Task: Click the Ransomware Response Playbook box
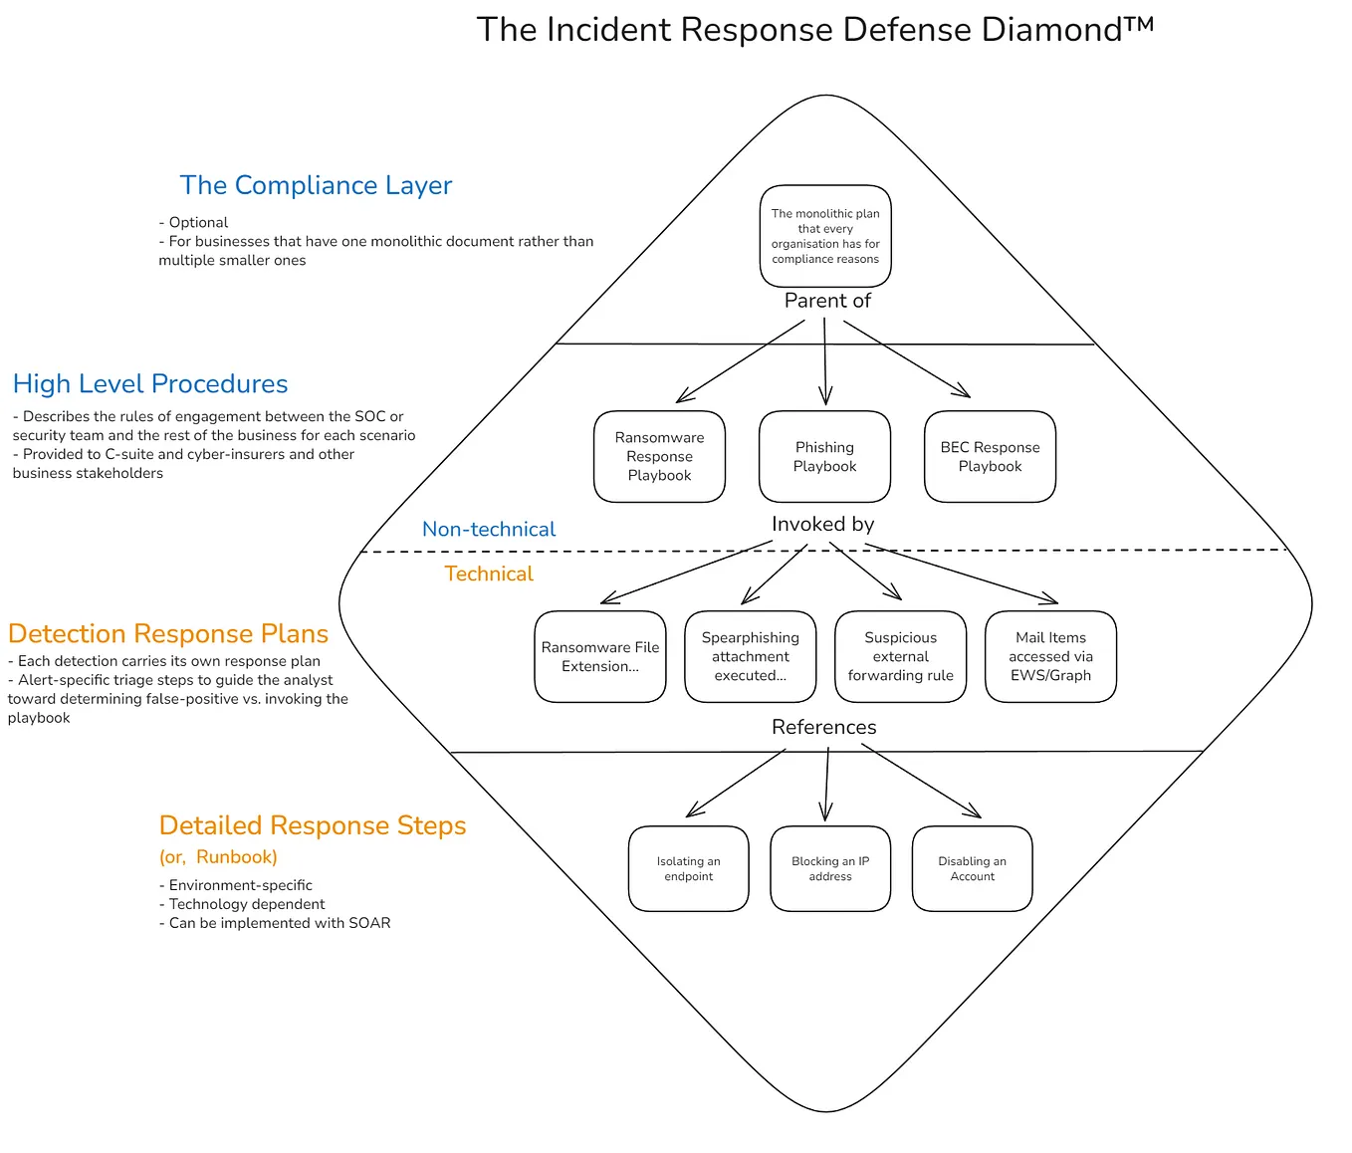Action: click(659, 456)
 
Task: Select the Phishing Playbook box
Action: click(824, 456)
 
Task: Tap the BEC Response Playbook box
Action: click(990, 456)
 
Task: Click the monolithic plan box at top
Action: click(825, 236)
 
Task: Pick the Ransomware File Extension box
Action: click(600, 656)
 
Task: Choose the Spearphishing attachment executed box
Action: click(751, 656)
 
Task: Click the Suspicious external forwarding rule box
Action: click(901, 656)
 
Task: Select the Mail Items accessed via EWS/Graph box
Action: click(1050, 656)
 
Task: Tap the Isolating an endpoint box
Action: click(689, 868)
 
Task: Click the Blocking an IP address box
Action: click(830, 868)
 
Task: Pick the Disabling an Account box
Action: click(972, 868)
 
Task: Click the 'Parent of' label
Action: click(827, 301)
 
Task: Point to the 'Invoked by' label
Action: click(823, 524)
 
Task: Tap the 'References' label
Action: click(824, 727)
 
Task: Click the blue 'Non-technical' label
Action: click(489, 530)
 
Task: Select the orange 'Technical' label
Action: click(489, 574)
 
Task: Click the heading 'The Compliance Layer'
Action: click(316, 185)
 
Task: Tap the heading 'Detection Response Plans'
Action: click(168, 633)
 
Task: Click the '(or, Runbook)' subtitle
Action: click(218, 857)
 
